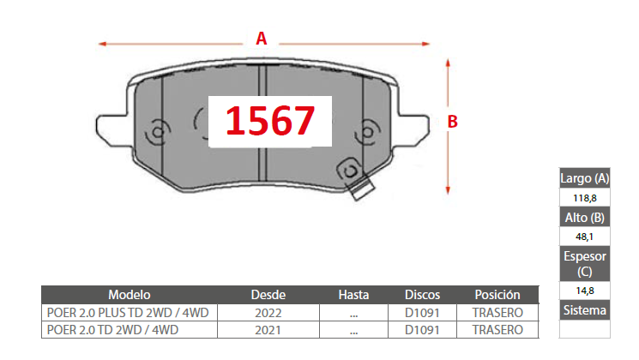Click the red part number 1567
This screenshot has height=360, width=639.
(x=270, y=120)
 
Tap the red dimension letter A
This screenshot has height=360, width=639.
(x=262, y=39)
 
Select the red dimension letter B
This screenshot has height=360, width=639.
(x=452, y=122)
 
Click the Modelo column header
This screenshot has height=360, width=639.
(x=130, y=295)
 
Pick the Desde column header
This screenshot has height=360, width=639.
(x=268, y=295)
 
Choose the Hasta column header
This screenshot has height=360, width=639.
(x=353, y=295)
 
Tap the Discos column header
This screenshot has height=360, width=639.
(x=422, y=295)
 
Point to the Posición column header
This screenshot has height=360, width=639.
(x=497, y=295)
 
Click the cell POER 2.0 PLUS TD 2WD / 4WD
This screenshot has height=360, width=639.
(x=128, y=312)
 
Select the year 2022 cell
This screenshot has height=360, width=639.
(x=268, y=313)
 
